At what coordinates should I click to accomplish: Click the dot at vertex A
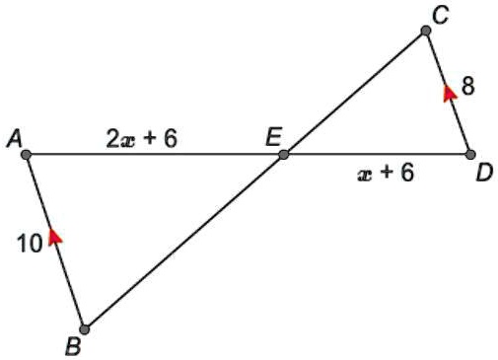(27, 155)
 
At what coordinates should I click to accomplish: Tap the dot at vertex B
(85, 329)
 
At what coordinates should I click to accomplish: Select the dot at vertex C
(426, 31)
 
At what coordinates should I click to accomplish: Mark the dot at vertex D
(470, 155)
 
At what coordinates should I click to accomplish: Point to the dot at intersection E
(283, 155)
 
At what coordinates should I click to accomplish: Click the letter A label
(14, 139)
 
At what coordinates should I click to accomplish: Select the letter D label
(483, 174)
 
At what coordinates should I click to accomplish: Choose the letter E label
(273, 137)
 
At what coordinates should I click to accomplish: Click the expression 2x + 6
(141, 139)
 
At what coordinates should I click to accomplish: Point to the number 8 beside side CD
(467, 87)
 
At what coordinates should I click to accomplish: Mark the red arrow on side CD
(449, 92)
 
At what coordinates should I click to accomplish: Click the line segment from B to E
(183, 243)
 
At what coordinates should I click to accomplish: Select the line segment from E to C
(355, 93)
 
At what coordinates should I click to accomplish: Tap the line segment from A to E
(155, 155)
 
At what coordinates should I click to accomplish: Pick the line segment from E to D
(377, 155)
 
